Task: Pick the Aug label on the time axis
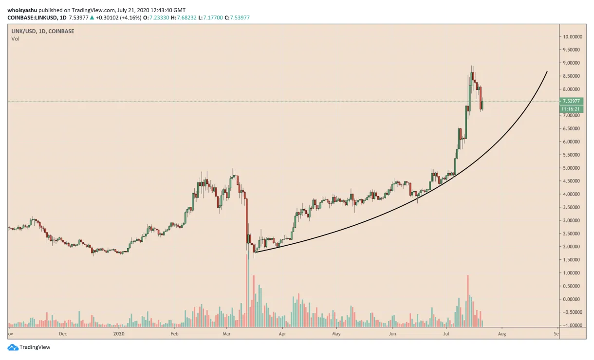click(502, 334)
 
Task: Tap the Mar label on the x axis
click(226, 334)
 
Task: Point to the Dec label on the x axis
click(62, 334)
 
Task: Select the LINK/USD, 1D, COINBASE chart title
click(37, 31)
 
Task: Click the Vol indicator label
click(16, 39)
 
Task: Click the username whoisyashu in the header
click(22, 10)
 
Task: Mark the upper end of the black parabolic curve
click(547, 72)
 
